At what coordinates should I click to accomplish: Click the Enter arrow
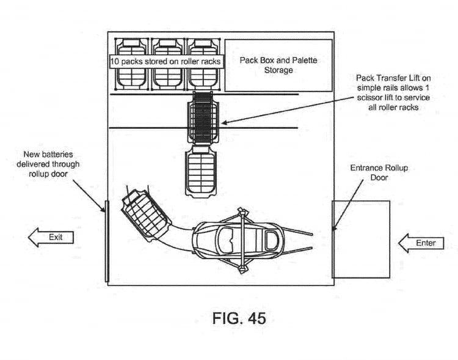421,243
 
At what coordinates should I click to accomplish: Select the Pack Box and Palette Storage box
278,65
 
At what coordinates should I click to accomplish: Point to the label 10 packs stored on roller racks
165,62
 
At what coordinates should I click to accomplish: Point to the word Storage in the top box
278,70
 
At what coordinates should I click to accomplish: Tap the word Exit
56,237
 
